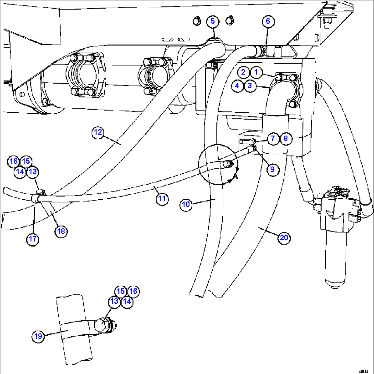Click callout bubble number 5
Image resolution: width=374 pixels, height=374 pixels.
click(212, 21)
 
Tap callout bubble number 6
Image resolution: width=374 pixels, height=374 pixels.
click(268, 21)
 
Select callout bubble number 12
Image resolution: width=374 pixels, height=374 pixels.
click(98, 133)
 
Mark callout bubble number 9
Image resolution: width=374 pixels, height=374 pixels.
click(272, 169)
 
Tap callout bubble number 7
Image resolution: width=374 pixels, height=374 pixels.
click(272, 138)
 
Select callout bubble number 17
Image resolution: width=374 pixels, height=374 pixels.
click(33, 239)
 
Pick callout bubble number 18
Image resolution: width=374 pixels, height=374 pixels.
click(61, 231)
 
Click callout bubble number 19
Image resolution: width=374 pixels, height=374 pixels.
click(39, 336)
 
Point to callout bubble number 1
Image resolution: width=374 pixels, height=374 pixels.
click(256, 72)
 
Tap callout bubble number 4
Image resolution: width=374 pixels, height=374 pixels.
click(237, 86)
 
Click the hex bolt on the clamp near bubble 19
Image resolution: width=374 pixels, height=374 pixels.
click(104, 325)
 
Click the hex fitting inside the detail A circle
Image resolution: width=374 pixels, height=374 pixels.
click(227, 165)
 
